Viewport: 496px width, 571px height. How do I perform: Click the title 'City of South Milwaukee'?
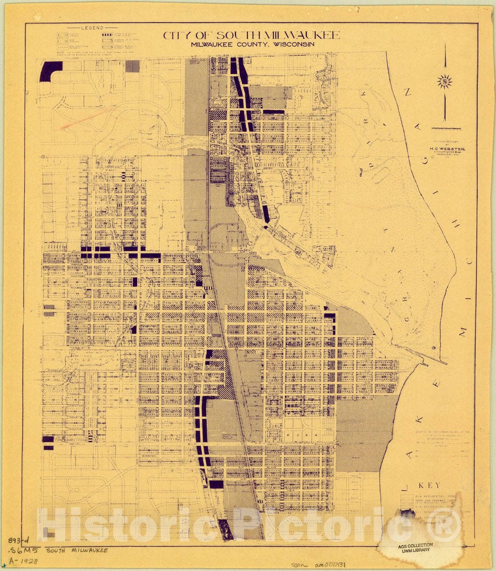(x=252, y=35)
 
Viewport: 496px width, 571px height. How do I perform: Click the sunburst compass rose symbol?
(x=445, y=81)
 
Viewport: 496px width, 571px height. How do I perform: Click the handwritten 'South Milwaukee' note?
(x=76, y=550)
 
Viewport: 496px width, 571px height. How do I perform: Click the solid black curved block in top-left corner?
(x=50, y=71)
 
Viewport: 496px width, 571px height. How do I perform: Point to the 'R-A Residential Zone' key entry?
(x=431, y=496)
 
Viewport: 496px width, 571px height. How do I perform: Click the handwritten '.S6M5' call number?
(x=20, y=551)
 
